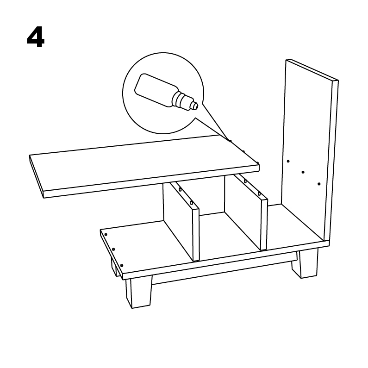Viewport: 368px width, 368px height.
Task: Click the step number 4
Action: click(36, 37)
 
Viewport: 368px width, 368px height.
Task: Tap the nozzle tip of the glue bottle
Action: click(195, 106)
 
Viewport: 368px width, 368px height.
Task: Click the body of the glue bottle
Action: click(155, 89)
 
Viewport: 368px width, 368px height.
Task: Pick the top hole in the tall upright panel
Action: click(288, 161)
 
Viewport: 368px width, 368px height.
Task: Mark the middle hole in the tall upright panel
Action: click(303, 172)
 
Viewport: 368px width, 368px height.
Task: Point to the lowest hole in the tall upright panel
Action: click(319, 184)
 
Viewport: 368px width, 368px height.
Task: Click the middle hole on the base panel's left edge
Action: click(113, 249)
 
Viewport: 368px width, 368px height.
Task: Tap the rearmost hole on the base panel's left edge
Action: click(106, 235)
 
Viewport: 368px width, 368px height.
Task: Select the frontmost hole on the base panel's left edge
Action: click(122, 265)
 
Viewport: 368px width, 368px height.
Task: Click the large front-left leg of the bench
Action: click(138, 292)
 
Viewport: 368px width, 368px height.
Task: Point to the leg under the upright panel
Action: click(305, 263)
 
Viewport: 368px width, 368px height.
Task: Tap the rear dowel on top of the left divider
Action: click(180, 189)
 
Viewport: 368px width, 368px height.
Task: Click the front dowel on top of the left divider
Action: click(192, 203)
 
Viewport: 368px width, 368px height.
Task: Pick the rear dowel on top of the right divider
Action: click(245, 181)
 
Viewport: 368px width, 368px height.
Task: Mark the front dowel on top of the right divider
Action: click(259, 194)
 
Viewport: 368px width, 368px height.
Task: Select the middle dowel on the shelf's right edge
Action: click(243, 152)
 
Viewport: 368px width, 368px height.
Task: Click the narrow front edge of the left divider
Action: click(196, 235)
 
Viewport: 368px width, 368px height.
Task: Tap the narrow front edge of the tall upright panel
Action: click(331, 161)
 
